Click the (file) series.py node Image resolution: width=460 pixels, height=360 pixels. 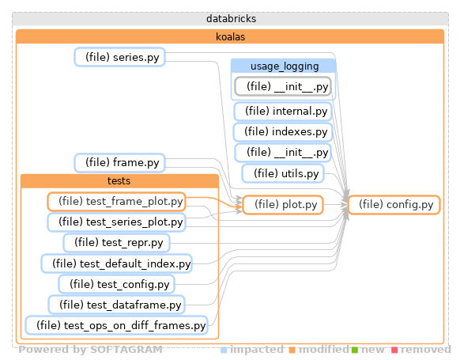119,56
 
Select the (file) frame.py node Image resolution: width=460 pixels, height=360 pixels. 119,163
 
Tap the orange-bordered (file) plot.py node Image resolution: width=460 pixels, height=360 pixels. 282,205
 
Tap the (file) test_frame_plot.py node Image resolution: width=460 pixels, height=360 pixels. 116,201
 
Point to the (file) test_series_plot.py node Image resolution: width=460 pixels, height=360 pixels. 116,222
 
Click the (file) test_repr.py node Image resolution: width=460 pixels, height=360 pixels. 117,242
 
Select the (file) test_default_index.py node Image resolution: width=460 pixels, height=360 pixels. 117,263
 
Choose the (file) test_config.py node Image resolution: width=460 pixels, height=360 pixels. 117,283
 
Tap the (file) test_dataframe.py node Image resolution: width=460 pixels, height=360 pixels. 117,304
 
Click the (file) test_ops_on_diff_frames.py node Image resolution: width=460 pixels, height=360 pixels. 117,324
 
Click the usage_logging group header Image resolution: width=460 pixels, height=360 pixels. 283,66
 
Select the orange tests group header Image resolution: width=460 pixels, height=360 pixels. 118,181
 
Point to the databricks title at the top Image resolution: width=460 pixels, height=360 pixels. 230,18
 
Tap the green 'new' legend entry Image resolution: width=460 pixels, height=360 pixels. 368,350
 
